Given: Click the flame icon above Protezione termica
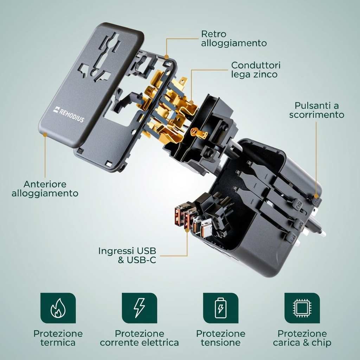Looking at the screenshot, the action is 58,308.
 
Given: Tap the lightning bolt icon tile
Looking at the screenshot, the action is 139,308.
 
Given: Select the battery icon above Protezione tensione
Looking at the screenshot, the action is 221,308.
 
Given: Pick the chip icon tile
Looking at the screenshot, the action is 302,308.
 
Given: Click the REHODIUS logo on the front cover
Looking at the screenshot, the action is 69,114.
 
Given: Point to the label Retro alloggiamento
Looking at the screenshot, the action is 234,39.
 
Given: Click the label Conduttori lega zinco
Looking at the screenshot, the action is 256,70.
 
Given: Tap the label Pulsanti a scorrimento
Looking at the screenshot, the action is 317,110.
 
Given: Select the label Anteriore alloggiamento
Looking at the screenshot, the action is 45,189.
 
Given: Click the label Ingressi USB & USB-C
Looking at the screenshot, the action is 127,255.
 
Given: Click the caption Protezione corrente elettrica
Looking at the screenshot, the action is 139,338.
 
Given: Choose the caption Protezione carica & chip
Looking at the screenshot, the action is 302,338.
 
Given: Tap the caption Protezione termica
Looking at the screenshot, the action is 58,338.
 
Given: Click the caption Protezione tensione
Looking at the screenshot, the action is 221,338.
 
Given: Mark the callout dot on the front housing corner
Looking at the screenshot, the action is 45,135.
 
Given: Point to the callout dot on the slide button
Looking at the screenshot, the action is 316,196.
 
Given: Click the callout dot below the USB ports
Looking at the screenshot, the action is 187,230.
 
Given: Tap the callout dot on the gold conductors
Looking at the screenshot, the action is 192,102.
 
